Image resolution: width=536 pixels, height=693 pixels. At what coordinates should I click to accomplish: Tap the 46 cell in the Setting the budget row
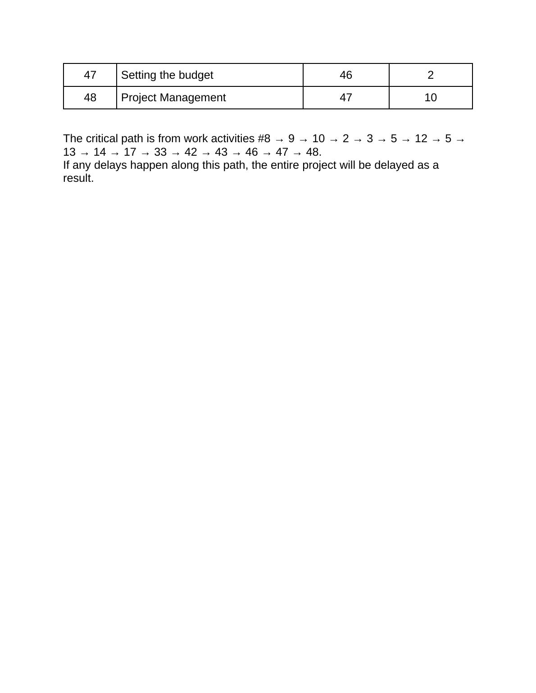click(x=345, y=75)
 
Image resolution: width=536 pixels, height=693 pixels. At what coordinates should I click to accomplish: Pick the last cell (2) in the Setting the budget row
click(x=430, y=75)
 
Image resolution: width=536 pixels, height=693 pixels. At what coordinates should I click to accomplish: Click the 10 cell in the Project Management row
click(x=430, y=98)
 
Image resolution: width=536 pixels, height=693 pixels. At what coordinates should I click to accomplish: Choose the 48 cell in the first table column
click(x=90, y=98)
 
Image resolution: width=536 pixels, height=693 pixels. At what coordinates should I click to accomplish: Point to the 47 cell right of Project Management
click(x=345, y=98)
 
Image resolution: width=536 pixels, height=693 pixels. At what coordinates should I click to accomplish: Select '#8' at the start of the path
click(x=264, y=139)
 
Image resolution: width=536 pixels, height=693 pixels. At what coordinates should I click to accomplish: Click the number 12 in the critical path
click(x=421, y=139)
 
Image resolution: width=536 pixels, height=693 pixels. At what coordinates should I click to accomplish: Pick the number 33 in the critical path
click(x=160, y=152)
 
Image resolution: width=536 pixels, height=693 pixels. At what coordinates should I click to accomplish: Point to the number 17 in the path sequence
click(x=130, y=152)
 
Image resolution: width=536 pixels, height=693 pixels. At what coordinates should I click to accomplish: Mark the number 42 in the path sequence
click(x=191, y=152)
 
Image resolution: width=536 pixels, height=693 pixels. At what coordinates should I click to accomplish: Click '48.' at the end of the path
click(x=313, y=152)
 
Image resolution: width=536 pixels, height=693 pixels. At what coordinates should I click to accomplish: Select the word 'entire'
click(x=285, y=165)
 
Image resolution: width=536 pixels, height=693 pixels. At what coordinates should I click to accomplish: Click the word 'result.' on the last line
click(x=78, y=178)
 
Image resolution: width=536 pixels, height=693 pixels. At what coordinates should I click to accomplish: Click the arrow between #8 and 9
click(x=279, y=139)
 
